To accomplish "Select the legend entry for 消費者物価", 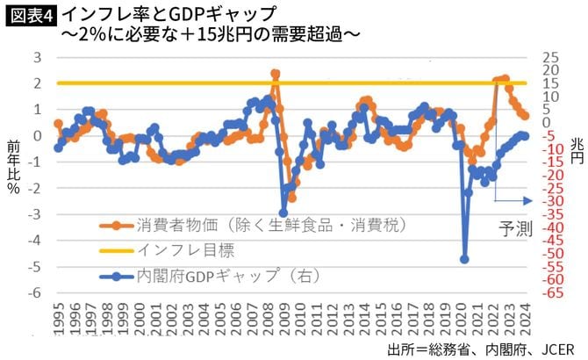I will click(263, 225).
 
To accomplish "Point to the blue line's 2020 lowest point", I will click(464, 259).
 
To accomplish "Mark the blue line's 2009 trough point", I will click(283, 212).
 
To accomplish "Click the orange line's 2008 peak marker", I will click(276, 75).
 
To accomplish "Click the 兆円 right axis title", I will click(576, 150).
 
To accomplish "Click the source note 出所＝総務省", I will click(428, 349).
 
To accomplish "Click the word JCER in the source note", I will click(560, 349).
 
